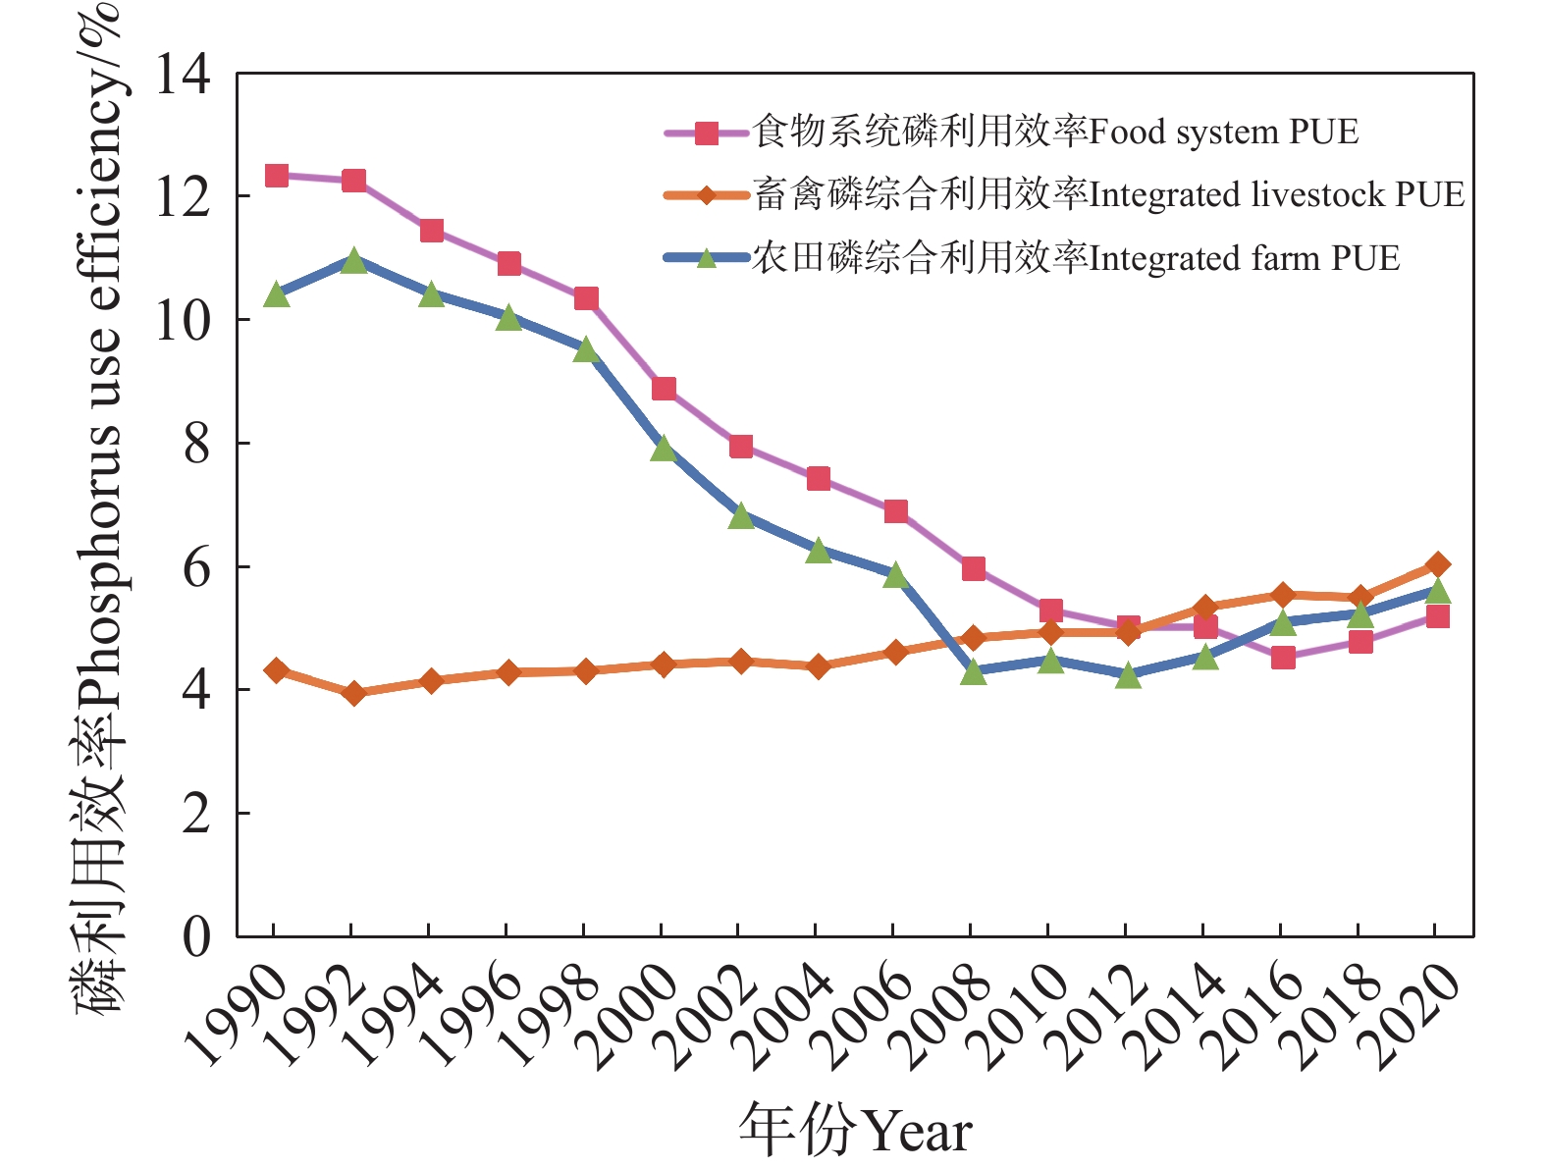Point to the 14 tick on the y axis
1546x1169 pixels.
coord(184,74)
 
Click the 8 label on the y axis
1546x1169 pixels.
coord(196,444)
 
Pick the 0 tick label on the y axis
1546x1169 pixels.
coord(196,937)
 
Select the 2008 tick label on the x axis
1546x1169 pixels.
coord(937,1016)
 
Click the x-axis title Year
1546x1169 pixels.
coord(855,1132)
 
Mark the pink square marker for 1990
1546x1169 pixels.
coord(277,176)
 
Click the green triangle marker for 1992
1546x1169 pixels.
coord(354,260)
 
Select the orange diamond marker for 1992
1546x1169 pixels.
coord(354,693)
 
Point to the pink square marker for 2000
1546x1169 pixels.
coord(664,389)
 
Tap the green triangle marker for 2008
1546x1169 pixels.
coord(973,671)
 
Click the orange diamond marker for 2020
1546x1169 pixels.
coord(1438,564)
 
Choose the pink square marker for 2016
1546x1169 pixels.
coord(1283,657)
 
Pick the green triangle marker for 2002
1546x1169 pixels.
coord(741,515)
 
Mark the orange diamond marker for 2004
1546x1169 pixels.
coord(819,666)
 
